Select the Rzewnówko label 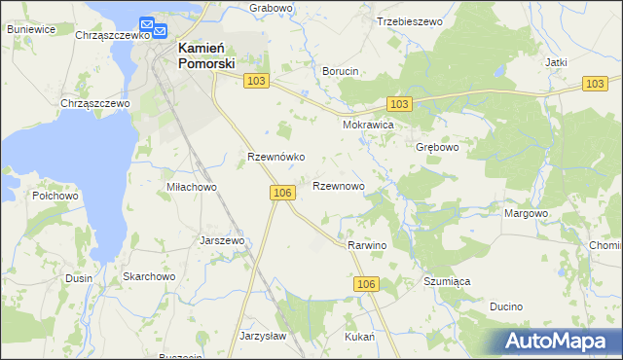[x=276, y=157]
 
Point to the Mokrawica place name [x=368, y=126]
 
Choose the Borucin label [x=341, y=71]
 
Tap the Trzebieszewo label [x=410, y=20]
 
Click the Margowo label [x=526, y=213]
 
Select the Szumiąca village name [x=447, y=281]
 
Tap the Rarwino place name [x=367, y=246]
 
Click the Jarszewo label [x=221, y=239]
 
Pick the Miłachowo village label [x=191, y=187]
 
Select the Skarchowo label [x=148, y=277]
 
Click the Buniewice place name [x=30, y=29]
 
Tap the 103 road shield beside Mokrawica [x=398, y=103]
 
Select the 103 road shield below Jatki [x=596, y=85]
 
